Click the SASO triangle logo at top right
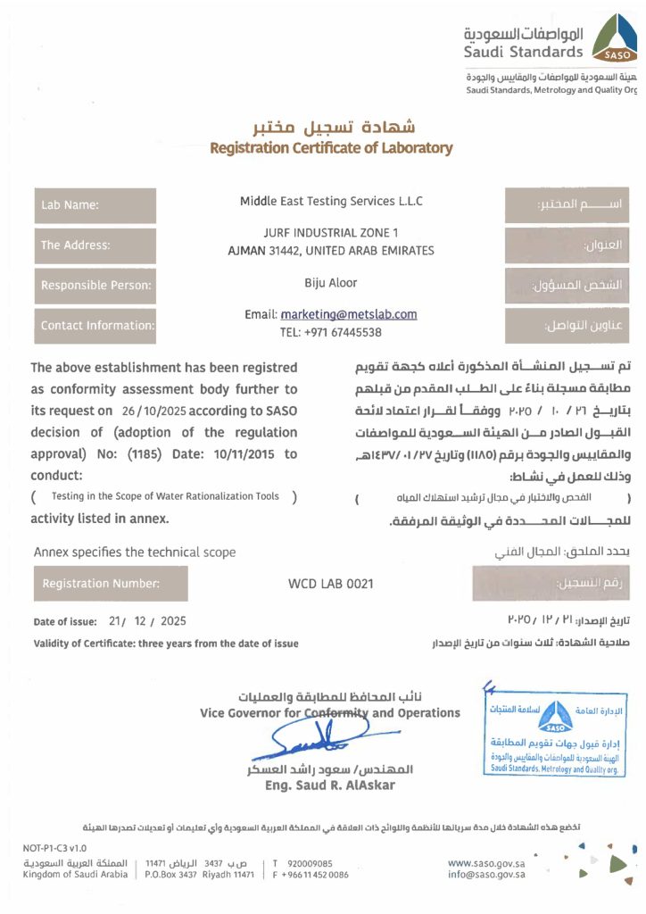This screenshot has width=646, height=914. pos(616,39)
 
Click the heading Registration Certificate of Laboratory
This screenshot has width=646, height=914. pos(331,148)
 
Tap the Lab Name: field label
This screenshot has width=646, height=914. pos(95,205)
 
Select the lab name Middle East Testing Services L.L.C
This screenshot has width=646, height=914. pos(331,202)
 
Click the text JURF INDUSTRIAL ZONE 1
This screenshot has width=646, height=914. pos(331,233)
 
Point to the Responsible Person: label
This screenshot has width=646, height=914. pos(95,287)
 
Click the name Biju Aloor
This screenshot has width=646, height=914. pos(331,283)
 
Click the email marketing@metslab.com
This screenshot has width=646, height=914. pos(349,314)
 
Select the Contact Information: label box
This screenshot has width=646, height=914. pos(95,326)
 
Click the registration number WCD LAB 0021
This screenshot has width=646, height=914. pos(331,584)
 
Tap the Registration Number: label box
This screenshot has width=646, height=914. pos(111,584)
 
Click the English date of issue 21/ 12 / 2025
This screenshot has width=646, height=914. pos(147,620)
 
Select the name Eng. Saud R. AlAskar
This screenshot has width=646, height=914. pos(330,785)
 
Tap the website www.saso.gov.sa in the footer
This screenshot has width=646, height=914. pos(486,863)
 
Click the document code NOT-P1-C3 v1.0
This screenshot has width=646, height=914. pos(54,848)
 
